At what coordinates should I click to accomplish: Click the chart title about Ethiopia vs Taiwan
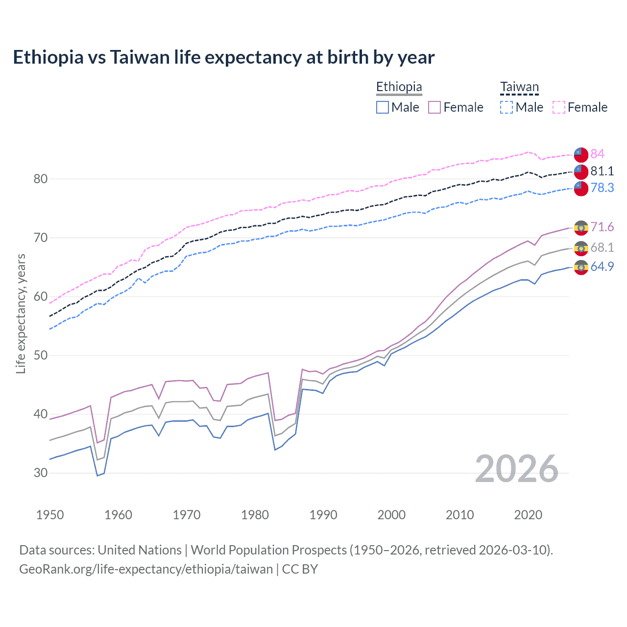click(x=223, y=57)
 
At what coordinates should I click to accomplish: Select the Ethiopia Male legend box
click(x=383, y=107)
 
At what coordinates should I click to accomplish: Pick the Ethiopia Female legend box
click(x=434, y=107)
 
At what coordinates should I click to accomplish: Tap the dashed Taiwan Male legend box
click(x=506, y=107)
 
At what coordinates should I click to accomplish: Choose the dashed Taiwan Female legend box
click(x=559, y=107)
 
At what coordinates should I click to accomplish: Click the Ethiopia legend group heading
click(x=399, y=87)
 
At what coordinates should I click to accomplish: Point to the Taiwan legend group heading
click(x=519, y=87)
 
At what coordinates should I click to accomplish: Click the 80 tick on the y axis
click(x=41, y=179)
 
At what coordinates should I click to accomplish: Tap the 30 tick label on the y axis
click(x=41, y=473)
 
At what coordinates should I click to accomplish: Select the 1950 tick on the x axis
click(x=50, y=515)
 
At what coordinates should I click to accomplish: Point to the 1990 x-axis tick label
click(x=323, y=515)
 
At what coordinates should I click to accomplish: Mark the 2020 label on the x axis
click(x=528, y=515)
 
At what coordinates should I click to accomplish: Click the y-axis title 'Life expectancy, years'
click(x=21, y=313)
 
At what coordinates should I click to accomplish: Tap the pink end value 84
click(x=597, y=154)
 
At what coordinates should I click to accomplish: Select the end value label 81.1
click(x=602, y=171)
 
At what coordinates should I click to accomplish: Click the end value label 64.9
click(x=602, y=266)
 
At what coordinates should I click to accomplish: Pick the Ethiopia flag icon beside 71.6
click(x=581, y=227)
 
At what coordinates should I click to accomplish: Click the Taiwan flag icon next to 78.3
click(x=581, y=188)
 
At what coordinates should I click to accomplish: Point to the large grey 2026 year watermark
click(x=517, y=469)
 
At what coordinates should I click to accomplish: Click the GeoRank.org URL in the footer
click(x=146, y=569)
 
